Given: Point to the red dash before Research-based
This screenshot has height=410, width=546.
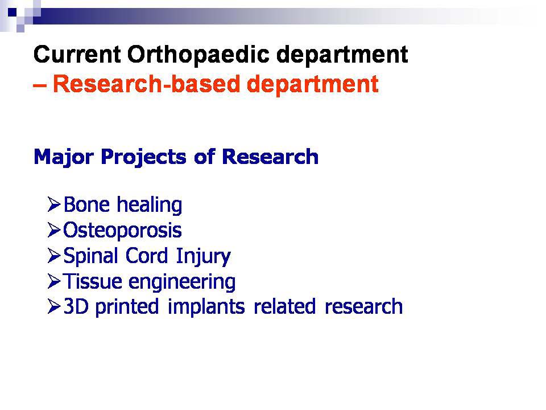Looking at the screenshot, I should click(x=41, y=85).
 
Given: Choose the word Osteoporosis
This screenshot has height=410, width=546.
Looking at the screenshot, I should click(x=122, y=230).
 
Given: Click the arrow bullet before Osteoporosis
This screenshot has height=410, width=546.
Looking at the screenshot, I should click(x=54, y=230).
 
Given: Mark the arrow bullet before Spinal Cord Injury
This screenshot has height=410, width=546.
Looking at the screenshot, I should click(x=54, y=256).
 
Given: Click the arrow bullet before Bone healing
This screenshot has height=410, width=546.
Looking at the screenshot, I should click(x=54, y=204).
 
